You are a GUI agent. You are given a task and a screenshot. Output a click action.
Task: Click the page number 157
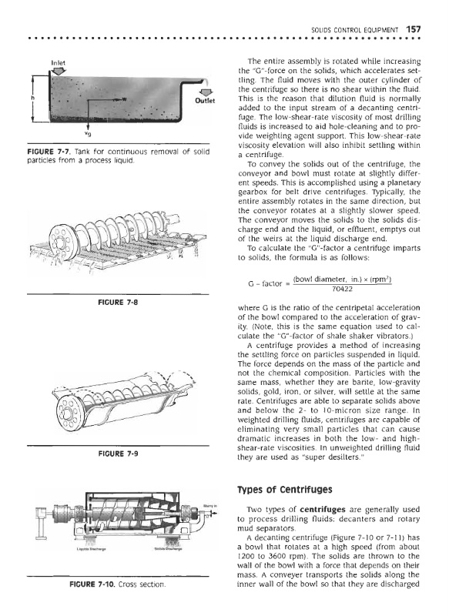click(414, 29)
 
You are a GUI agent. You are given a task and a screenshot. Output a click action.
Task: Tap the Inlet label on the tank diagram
click(59, 62)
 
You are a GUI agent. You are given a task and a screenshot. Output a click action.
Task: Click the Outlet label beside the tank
click(205, 100)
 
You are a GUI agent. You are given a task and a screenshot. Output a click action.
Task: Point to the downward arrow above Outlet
click(204, 92)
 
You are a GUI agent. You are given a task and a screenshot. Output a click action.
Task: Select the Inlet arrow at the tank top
click(59, 71)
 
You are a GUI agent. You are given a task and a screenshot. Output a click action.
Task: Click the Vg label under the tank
click(89, 134)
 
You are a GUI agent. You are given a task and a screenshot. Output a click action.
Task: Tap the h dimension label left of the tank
click(33, 97)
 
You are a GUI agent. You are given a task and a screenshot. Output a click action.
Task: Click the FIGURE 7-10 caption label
click(92, 584)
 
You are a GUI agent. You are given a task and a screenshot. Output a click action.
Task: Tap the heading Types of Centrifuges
click(285, 490)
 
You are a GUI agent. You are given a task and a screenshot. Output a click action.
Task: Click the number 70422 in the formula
click(342, 290)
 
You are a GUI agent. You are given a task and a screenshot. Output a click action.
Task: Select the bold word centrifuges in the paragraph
click(323, 510)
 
